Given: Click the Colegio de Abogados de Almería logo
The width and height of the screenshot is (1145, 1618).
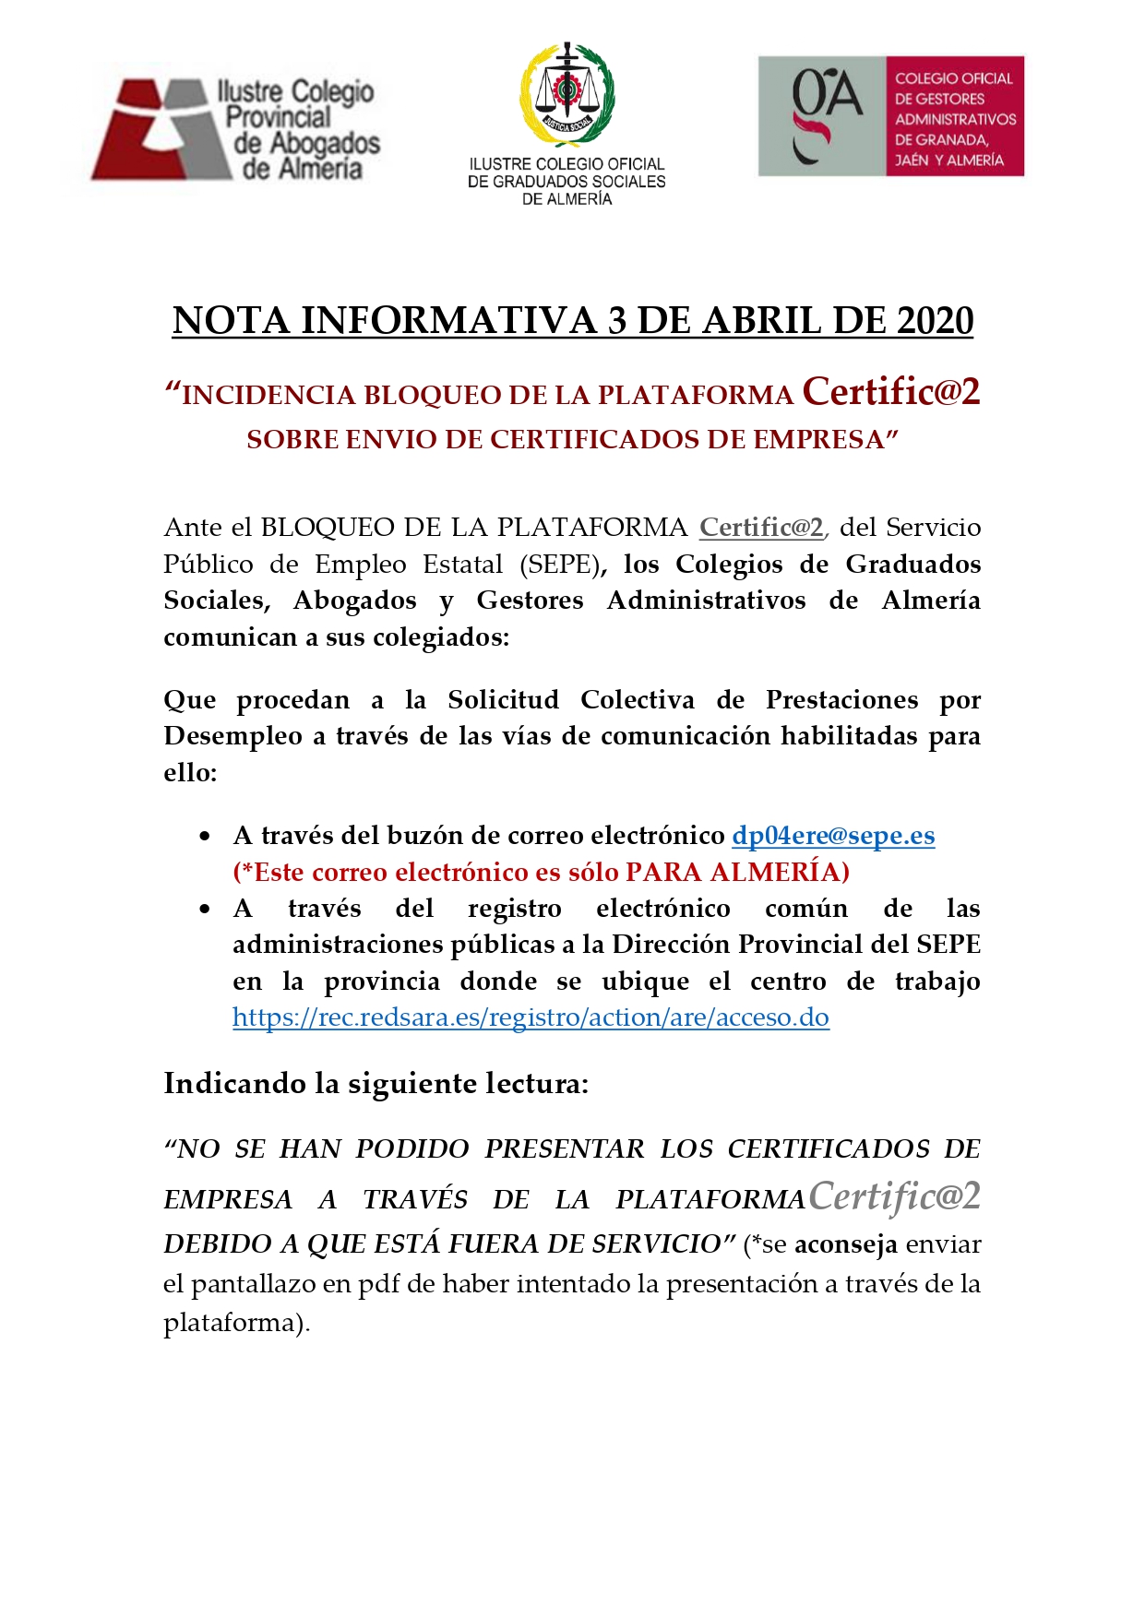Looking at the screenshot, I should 235,128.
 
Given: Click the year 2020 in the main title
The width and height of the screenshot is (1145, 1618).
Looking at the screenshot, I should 935,321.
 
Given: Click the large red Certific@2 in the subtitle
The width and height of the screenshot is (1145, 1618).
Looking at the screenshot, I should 890,392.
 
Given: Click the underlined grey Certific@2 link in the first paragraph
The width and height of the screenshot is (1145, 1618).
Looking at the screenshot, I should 761,528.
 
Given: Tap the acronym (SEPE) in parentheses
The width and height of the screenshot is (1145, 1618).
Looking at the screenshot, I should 560,565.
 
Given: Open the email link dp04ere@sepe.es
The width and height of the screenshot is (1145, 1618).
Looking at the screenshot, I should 833,836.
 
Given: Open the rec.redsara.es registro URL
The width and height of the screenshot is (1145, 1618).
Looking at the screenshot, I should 531,1017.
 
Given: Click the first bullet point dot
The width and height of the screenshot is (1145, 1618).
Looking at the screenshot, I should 206,837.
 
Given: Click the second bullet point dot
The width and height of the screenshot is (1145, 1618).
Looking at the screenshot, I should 206,910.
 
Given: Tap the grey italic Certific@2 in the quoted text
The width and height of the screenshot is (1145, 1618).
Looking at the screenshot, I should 894,1196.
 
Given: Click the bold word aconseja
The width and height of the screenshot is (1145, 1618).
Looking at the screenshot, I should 846,1244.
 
